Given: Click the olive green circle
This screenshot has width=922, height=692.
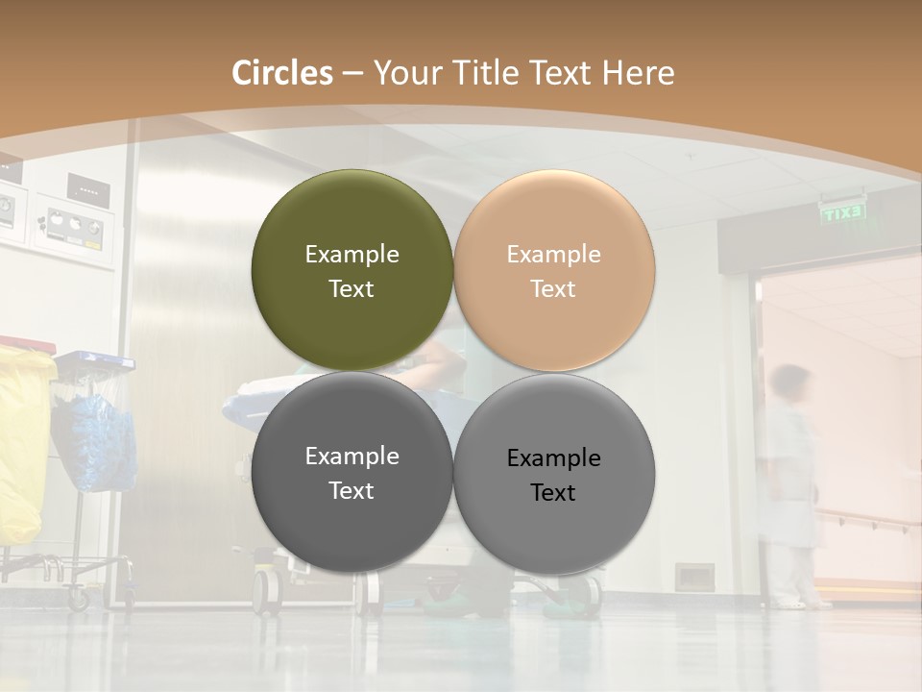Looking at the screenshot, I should click(x=352, y=270).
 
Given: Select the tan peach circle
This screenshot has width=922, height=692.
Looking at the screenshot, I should click(x=553, y=270).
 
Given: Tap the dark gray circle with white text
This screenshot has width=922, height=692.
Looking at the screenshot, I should click(x=352, y=472).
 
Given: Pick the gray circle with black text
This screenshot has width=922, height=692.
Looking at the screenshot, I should click(x=553, y=474).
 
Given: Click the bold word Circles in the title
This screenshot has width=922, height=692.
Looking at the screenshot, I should click(x=282, y=73).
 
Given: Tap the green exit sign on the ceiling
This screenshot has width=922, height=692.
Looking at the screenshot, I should click(x=842, y=212).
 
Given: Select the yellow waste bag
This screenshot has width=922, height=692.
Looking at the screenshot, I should click(x=23, y=442).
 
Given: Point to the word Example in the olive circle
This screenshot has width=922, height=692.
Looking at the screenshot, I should click(x=352, y=254).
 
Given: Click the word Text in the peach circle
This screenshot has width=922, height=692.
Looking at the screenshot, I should click(x=553, y=288).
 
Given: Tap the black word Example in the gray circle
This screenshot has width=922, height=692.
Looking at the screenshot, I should click(x=553, y=457).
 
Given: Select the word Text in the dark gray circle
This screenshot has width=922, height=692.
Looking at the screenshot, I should click(x=352, y=490).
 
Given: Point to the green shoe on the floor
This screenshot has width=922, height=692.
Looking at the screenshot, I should click(x=562, y=605).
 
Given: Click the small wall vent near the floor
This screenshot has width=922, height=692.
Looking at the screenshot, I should click(x=693, y=576).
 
